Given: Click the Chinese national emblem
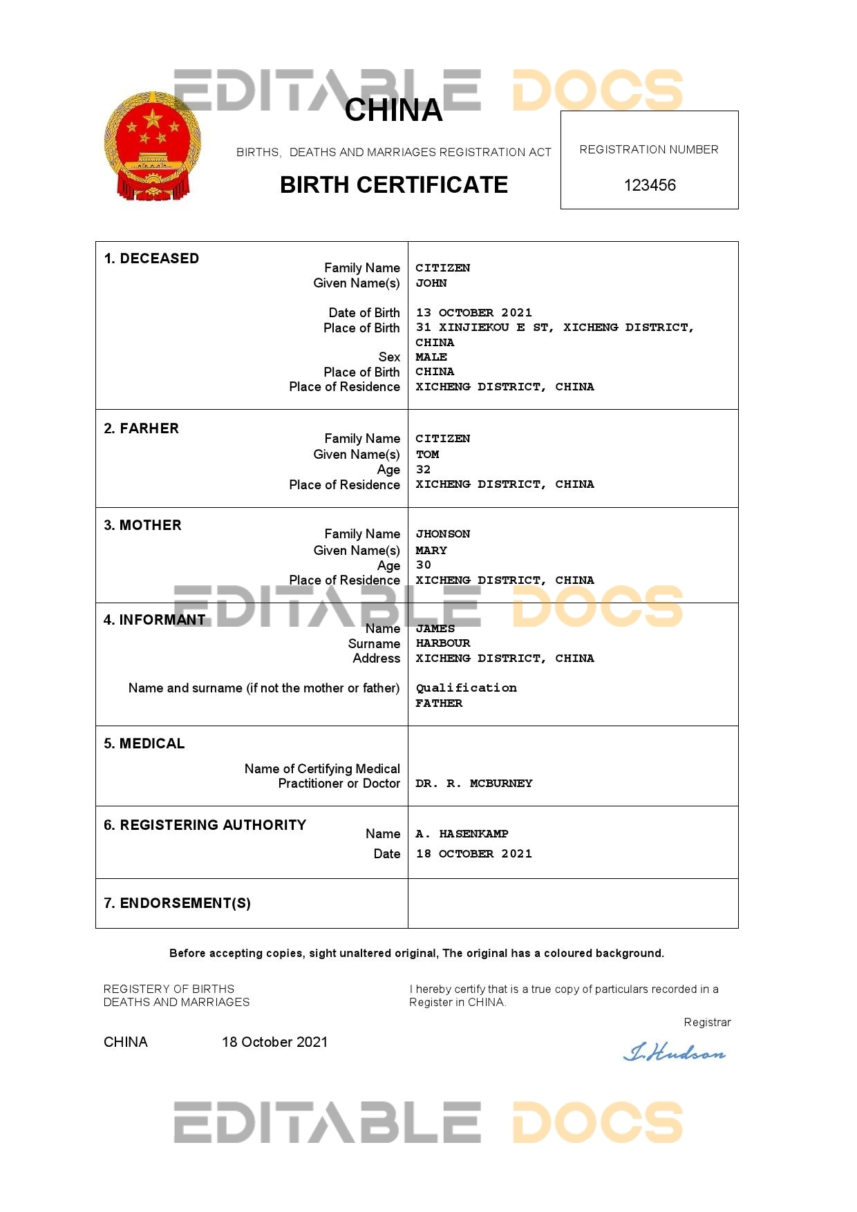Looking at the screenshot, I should [153, 146].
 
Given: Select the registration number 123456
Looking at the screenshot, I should [650, 185].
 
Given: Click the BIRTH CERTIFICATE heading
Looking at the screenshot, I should [394, 185].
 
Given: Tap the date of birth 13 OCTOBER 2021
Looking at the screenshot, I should [473, 312].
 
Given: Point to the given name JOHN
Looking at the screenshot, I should [431, 283].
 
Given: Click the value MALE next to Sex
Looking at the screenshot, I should [431, 357].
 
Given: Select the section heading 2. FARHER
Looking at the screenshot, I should [141, 428].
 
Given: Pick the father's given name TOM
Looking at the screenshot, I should [427, 454].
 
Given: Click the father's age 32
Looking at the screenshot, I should [423, 469].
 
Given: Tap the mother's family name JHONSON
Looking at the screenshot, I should [442, 533].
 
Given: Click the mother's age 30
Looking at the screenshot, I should [423, 565].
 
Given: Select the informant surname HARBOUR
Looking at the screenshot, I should [442, 643].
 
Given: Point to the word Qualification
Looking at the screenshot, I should [466, 688].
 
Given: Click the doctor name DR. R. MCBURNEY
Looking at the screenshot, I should [473, 783].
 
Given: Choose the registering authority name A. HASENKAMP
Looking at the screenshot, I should [462, 833].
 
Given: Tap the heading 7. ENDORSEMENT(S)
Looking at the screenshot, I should [177, 903].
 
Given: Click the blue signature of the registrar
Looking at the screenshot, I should [675, 1053].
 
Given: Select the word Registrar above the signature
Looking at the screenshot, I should [707, 1022].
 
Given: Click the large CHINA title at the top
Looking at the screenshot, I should [393, 110].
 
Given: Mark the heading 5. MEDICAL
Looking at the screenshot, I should [144, 744].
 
